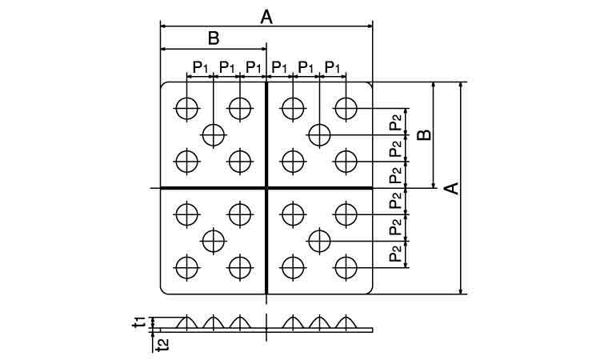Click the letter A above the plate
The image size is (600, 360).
[266, 16]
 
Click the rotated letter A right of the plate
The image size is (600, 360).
[451, 188]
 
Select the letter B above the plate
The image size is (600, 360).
[214, 38]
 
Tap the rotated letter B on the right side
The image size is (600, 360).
[426, 134]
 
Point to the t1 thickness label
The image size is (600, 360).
[139, 322]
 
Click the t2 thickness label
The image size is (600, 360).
[161, 344]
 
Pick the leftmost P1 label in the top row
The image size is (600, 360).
[201, 66]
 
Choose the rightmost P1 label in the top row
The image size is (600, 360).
[333, 66]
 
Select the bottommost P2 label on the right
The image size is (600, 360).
[396, 254]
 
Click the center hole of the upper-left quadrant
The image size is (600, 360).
[213, 134]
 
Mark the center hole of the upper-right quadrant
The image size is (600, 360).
[319, 134]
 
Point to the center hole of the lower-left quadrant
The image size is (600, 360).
[213, 239]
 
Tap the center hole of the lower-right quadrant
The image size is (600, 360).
[319, 239]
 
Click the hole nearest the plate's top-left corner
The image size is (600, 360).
[186, 107]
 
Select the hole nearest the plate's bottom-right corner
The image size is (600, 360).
[345, 266]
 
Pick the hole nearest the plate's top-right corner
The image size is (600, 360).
[345, 107]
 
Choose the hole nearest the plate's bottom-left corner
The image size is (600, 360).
[186, 266]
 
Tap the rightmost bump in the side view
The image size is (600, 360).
[345, 322]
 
